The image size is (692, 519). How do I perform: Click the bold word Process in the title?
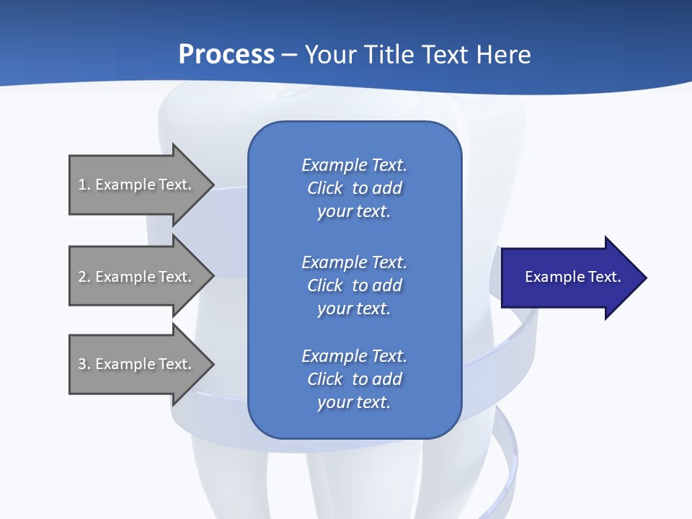226,55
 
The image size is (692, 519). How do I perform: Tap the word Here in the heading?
503,55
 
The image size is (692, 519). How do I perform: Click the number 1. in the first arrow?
84,185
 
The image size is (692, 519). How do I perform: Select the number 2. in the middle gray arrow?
84,277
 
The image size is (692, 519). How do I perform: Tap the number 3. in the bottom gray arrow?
84,364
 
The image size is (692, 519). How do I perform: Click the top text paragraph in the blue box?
354,188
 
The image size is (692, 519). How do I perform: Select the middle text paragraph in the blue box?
354,285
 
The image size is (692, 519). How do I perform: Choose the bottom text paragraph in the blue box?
354,379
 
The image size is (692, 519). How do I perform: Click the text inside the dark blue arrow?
572,277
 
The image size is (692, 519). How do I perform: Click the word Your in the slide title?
332,55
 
